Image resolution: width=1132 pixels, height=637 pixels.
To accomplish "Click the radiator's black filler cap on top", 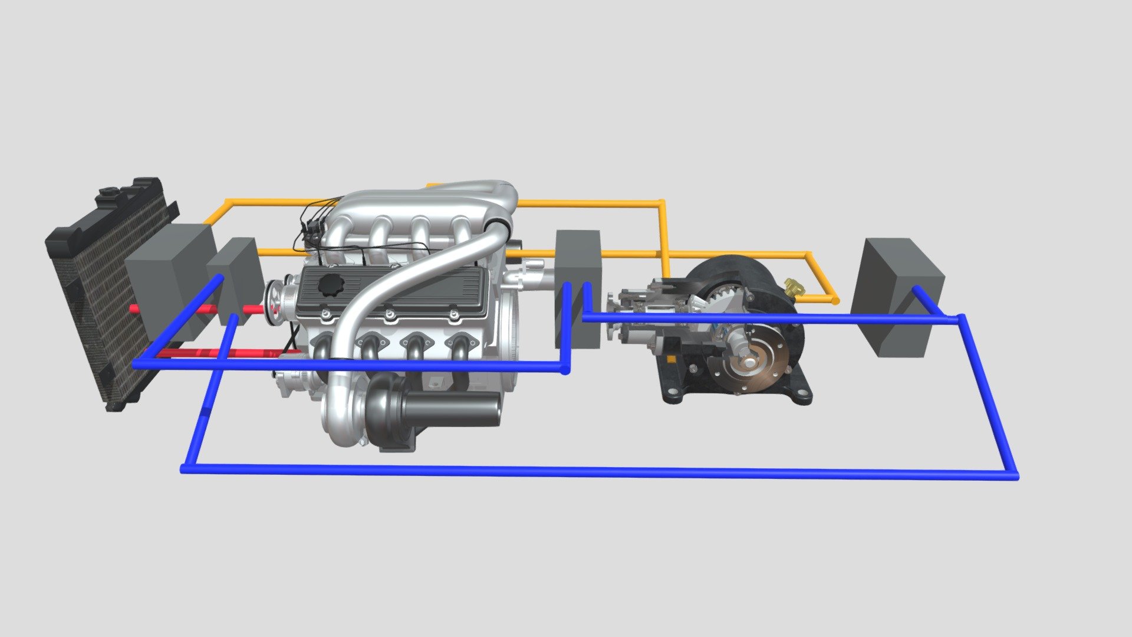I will [x=110, y=192].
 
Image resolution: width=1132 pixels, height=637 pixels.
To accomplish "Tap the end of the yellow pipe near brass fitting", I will [x=834, y=301].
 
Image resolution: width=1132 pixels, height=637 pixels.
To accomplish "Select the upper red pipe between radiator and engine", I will [x=195, y=309].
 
